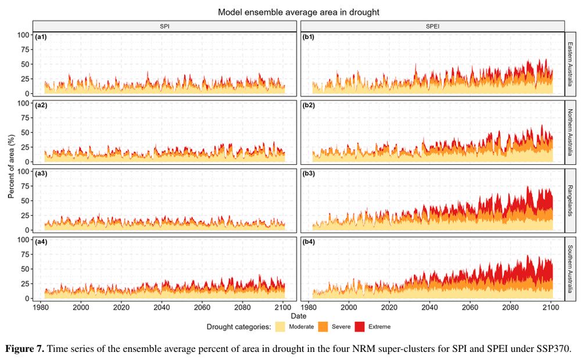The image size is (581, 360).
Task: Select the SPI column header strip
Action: tap(165, 26)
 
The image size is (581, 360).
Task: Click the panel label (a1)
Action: tap(41, 37)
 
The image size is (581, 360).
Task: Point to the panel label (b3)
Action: tap(309, 174)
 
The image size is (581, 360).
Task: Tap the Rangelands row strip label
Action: tap(571, 200)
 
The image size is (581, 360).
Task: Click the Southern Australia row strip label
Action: tap(571, 268)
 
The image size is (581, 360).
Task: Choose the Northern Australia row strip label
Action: tap(571, 132)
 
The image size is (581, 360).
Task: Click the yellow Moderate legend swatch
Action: tap(280, 326)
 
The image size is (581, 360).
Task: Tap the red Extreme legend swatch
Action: tap(360, 326)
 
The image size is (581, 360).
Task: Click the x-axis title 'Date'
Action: tap(299, 316)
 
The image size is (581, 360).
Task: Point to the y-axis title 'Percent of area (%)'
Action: tap(11, 166)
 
